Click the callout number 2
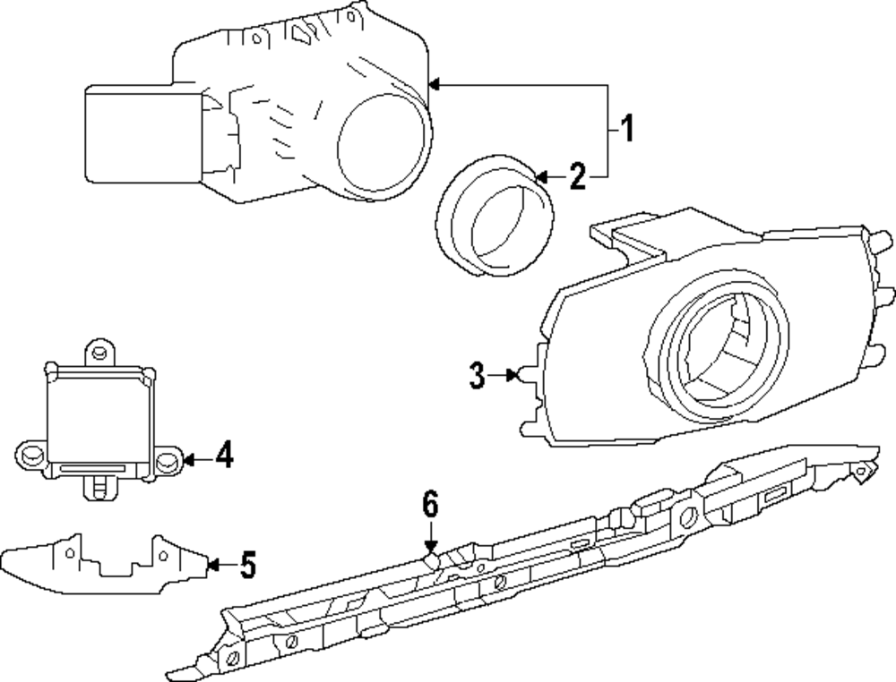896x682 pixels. (x=577, y=176)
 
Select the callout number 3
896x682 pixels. (x=477, y=376)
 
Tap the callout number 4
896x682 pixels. (x=224, y=456)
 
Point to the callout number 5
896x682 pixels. (x=247, y=565)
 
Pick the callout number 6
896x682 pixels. (x=430, y=506)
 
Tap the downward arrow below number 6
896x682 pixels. (x=430, y=547)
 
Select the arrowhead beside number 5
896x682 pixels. (x=212, y=565)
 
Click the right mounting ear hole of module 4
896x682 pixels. (x=167, y=460)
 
